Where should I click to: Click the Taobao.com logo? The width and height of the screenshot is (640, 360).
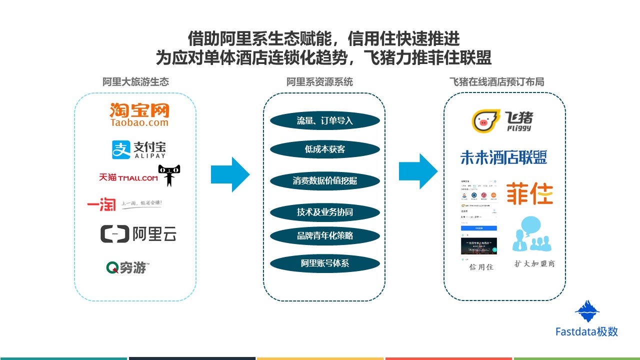pyautogui.click(x=139, y=114)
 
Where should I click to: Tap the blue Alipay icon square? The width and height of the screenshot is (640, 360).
pyautogui.click(x=120, y=149)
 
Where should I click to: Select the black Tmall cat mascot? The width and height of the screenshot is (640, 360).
pyautogui.click(x=169, y=174)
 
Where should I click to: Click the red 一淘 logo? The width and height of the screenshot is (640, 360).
pyautogui.click(x=101, y=204)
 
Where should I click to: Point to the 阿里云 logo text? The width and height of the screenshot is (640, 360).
pyautogui.click(x=154, y=233)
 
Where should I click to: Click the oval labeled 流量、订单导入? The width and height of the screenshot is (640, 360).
pyautogui.click(x=325, y=121)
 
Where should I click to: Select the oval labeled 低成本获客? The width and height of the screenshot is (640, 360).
pyautogui.click(x=325, y=149)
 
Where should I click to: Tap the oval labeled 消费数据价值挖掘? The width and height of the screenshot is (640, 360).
pyautogui.click(x=325, y=180)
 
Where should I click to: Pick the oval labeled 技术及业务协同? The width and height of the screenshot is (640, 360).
pyautogui.click(x=325, y=212)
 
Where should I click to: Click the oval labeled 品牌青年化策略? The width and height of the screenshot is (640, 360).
pyautogui.click(x=325, y=235)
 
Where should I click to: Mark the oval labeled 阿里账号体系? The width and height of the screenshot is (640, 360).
pyautogui.click(x=325, y=263)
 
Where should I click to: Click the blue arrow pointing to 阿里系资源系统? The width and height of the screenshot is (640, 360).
pyautogui.click(x=230, y=174)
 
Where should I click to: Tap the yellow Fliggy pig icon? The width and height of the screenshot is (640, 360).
pyautogui.click(x=486, y=121)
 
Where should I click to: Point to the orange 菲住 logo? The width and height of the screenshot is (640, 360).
pyautogui.click(x=529, y=193)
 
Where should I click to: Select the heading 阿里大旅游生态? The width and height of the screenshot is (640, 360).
pyautogui.click(x=135, y=81)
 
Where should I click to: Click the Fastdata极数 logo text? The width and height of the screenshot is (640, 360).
pyautogui.click(x=586, y=331)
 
